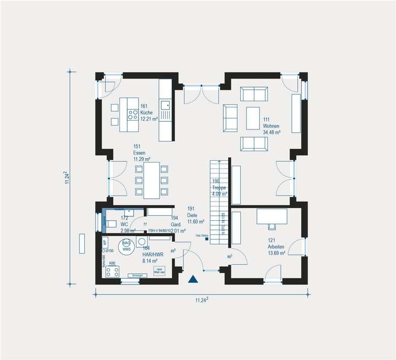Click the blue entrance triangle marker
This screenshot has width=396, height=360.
193,279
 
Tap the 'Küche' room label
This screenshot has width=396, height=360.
146,112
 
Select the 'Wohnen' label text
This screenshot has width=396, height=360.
272,126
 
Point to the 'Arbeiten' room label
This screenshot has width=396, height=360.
276,247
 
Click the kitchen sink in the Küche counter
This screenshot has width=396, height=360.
165,104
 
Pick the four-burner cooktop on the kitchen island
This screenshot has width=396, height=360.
133,114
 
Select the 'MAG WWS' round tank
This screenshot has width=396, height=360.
127,246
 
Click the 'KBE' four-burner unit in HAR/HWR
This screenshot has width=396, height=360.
112,271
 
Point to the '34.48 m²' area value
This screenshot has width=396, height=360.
272,133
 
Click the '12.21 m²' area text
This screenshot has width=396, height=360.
149,119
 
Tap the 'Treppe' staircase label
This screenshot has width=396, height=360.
219,188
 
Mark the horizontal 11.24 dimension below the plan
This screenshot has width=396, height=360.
202,300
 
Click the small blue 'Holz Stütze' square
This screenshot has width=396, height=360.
207,239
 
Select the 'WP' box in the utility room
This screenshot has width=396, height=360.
105,242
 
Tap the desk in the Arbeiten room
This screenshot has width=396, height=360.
272,216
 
